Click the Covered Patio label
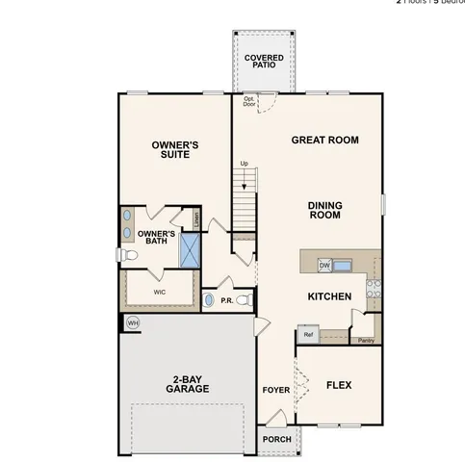click(264, 62)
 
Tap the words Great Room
click(324, 140)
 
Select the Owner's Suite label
click(174, 149)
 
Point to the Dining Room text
click(325, 210)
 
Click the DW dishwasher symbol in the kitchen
click(324, 265)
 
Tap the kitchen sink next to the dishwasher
click(346, 265)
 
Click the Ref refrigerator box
click(308, 335)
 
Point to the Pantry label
click(365, 340)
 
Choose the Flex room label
click(338, 385)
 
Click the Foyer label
click(275, 390)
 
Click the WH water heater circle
click(133, 322)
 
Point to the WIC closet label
click(160, 290)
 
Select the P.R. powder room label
click(227, 300)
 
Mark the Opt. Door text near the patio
click(249, 101)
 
